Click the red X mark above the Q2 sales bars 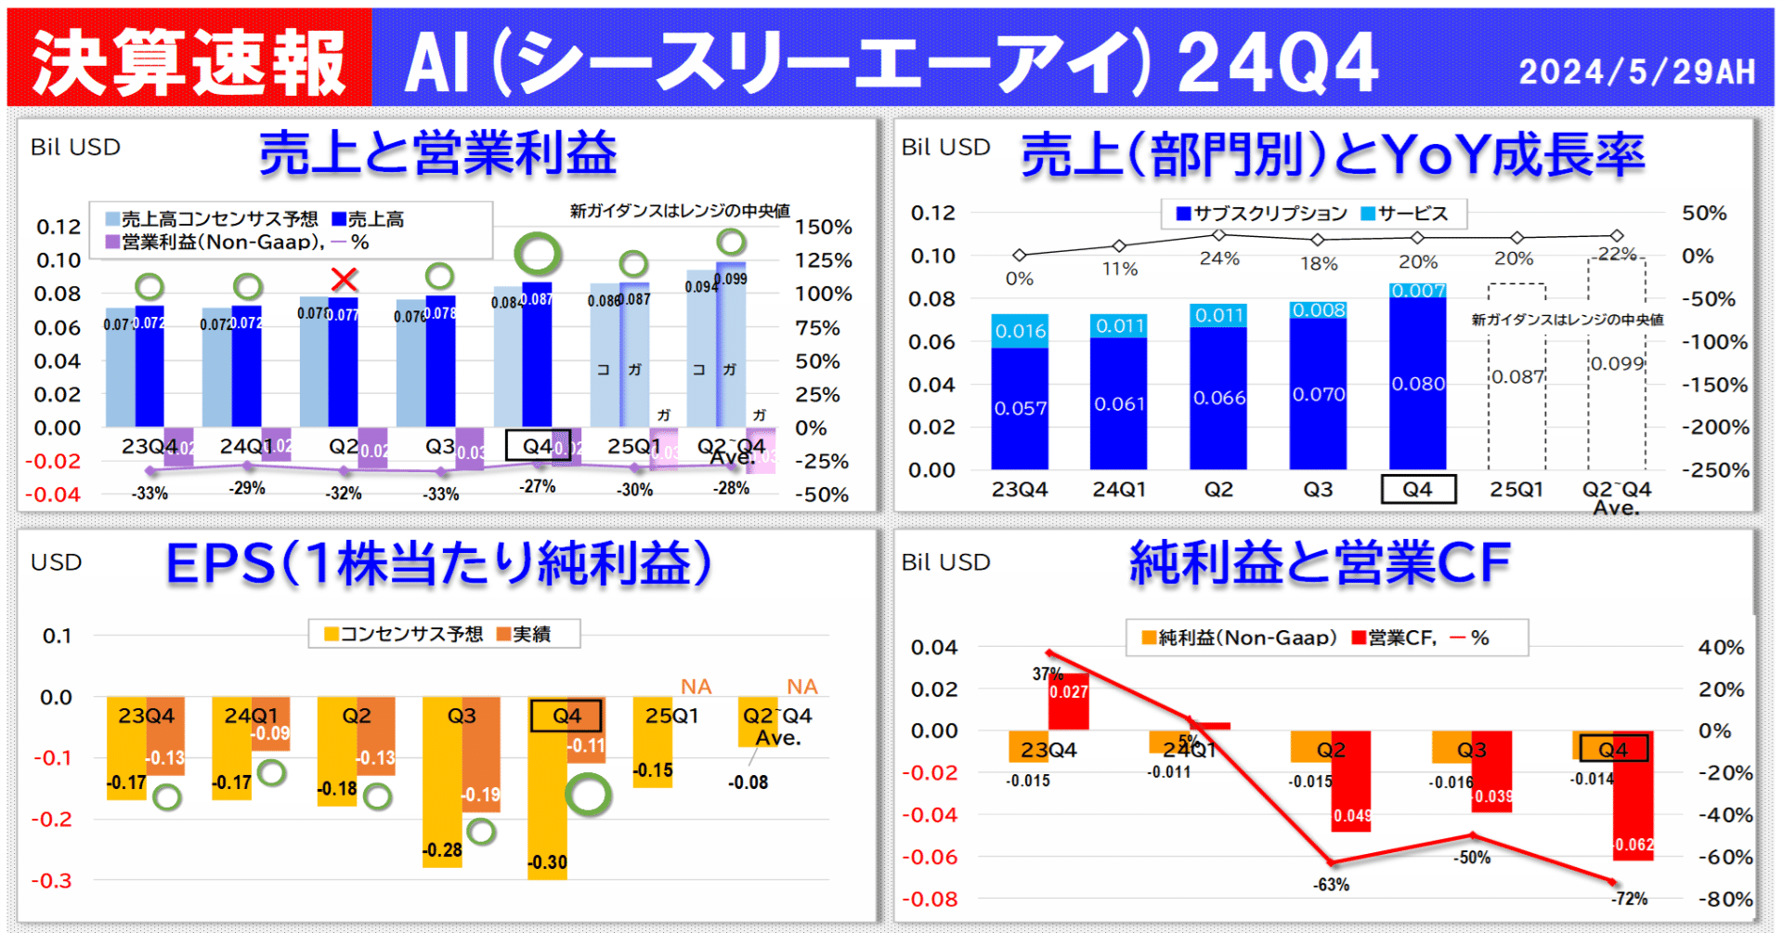[x=344, y=279]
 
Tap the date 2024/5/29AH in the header [x=1636, y=72]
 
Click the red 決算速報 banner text [x=189, y=62]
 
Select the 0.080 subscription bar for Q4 [x=1417, y=383]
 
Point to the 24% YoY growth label [x=1218, y=258]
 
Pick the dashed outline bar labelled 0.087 [x=1516, y=376]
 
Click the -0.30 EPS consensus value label [x=547, y=862]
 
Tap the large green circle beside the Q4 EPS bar [x=588, y=795]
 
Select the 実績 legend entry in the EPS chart [x=524, y=634]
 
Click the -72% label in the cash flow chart [x=1629, y=899]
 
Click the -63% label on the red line [x=1331, y=885]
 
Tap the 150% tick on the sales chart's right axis [x=823, y=227]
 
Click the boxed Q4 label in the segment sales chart [x=1417, y=489]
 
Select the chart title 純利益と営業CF [x=1319, y=563]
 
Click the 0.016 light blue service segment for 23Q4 [x=1020, y=331]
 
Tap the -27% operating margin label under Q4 [x=537, y=486]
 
